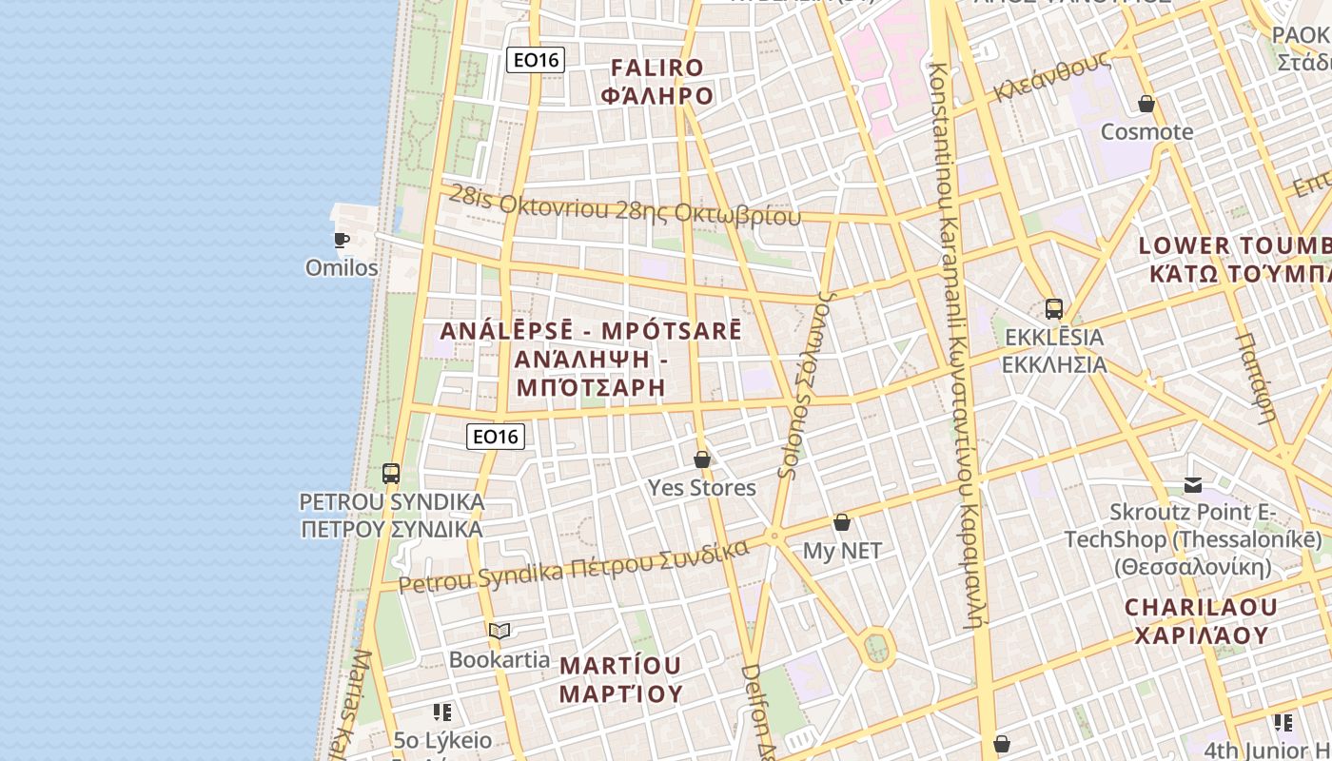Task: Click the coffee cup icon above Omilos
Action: tap(342, 240)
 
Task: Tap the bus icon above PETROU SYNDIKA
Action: tap(390, 473)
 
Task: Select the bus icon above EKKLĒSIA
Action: tap(1053, 308)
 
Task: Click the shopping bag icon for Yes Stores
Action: tap(702, 459)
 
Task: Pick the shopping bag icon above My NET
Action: tap(841, 522)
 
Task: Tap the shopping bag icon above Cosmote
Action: tap(1146, 103)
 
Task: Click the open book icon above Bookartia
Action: tap(499, 631)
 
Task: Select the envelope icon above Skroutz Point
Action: tap(1193, 485)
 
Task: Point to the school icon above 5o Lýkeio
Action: tap(442, 712)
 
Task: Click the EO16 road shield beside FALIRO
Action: tap(536, 60)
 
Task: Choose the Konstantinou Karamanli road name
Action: tap(953, 342)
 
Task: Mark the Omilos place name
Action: tap(342, 268)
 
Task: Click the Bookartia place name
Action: tap(499, 659)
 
